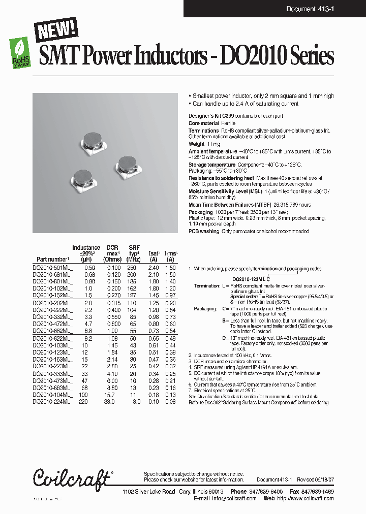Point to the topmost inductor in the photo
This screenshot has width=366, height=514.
tap(92, 141)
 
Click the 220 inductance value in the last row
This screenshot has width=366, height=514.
tap(89, 401)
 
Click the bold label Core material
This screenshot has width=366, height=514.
tap(204, 123)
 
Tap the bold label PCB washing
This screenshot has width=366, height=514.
tap(204, 231)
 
